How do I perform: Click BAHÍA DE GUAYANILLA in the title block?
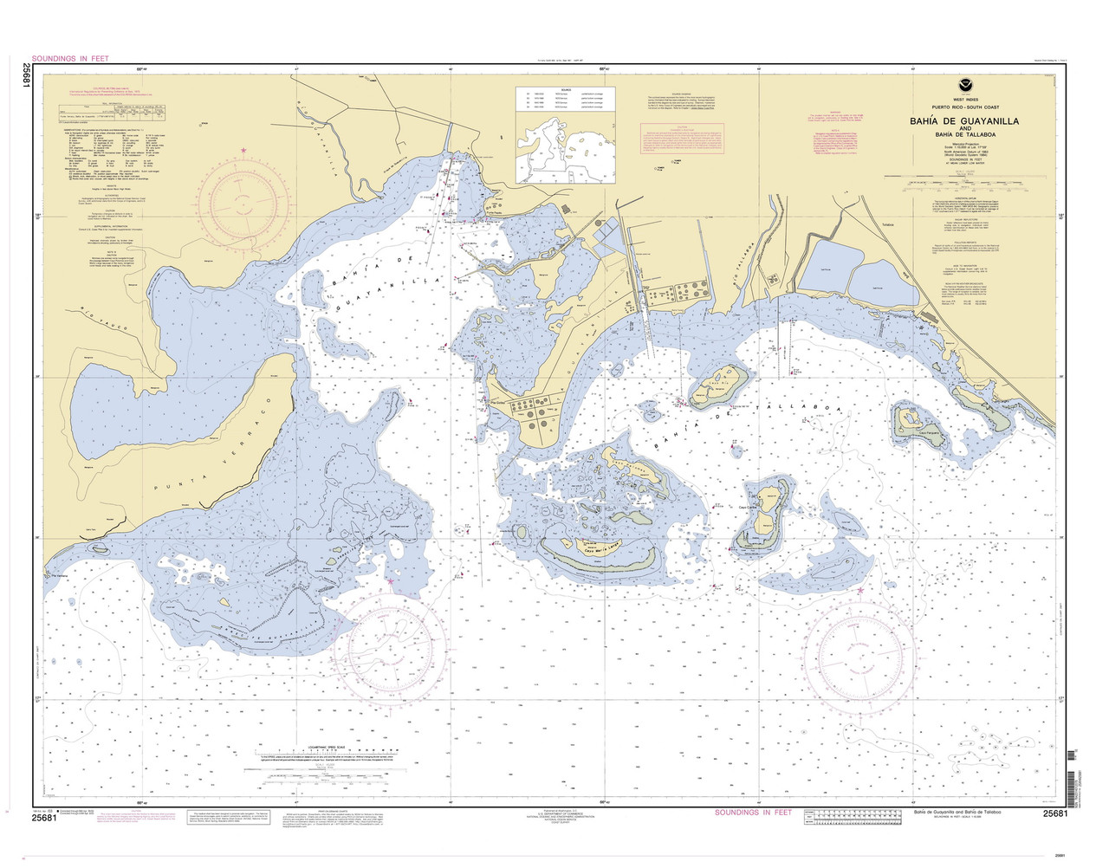pos(963,121)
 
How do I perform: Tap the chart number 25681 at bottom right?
pos(1059,814)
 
